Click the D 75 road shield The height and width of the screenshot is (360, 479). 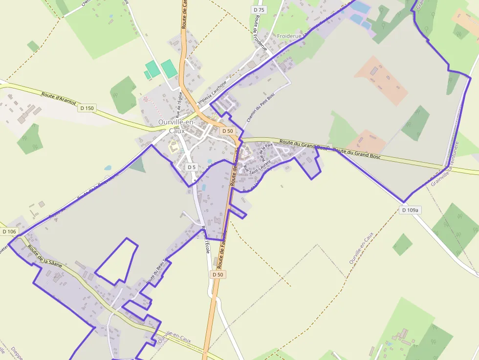coord(259,10)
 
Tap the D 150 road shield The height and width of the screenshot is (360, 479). coord(87,108)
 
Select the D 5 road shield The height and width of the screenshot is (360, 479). coord(192,167)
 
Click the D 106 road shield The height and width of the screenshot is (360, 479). coord(9,232)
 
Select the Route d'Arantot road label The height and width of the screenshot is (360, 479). coord(59,98)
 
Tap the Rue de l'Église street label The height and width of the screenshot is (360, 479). coord(179,105)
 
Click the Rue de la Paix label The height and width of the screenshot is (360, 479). coord(266,152)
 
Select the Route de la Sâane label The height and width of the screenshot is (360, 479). coord(45,256)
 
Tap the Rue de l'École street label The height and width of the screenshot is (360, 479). coord(205,239)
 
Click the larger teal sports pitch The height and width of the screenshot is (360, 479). coord(169,68)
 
